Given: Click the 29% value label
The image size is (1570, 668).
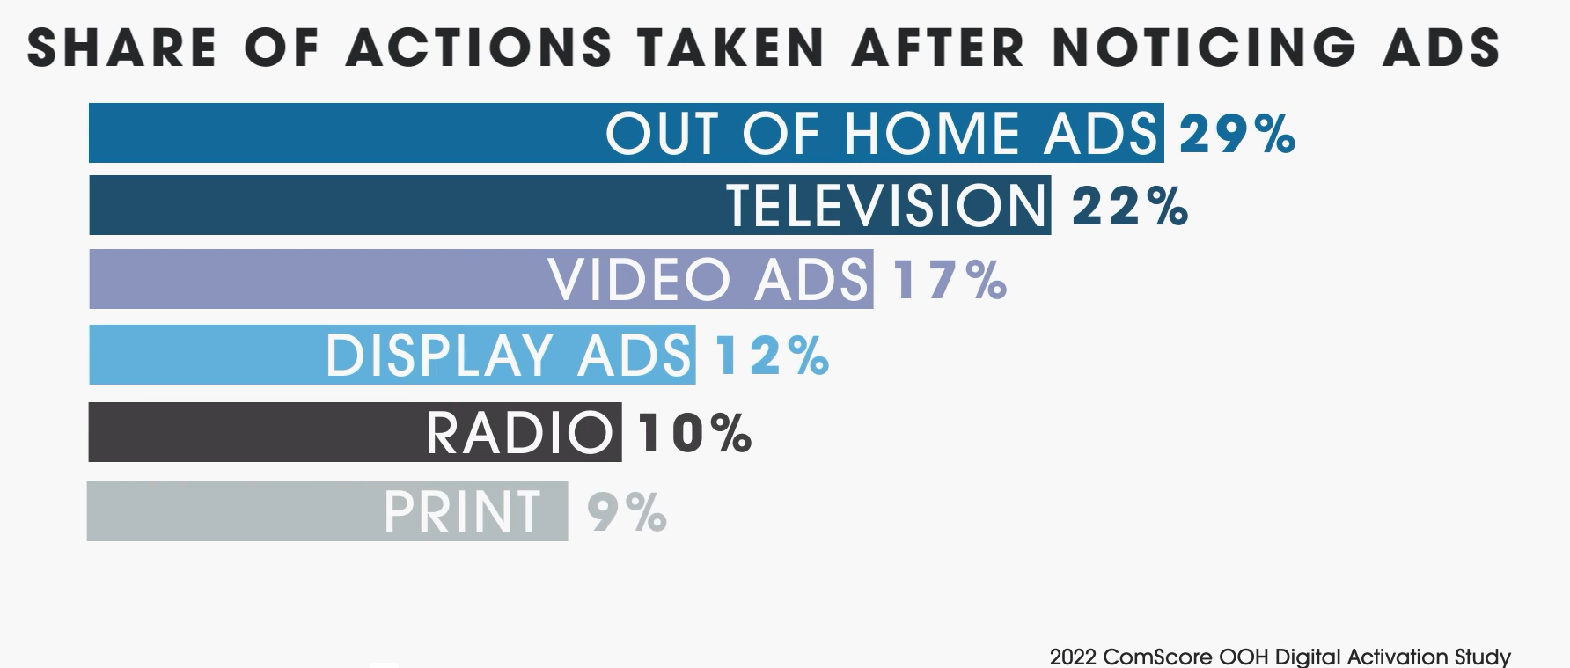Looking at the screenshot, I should pos(1236,135).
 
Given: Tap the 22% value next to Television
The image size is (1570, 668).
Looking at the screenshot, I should pos(1130,208).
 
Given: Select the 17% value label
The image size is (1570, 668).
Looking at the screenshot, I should pos(950,281).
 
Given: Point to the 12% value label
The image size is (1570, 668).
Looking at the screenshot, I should pos(772,356).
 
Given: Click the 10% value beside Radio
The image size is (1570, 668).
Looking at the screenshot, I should pos(694,433).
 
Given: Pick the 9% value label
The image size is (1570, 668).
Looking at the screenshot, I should pos(627,513).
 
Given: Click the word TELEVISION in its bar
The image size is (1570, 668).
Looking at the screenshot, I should pos(887,206).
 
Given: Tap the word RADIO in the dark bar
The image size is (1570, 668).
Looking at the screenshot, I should pos(519,433).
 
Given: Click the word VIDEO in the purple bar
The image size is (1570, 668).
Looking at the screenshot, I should pos(646,280).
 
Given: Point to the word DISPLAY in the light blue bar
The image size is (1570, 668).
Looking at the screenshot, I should pos(444,356).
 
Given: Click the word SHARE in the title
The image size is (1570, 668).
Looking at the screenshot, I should pos(122,48).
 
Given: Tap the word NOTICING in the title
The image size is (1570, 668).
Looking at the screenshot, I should pos(1203,48).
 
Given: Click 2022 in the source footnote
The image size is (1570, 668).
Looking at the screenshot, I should pos(1073,657).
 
